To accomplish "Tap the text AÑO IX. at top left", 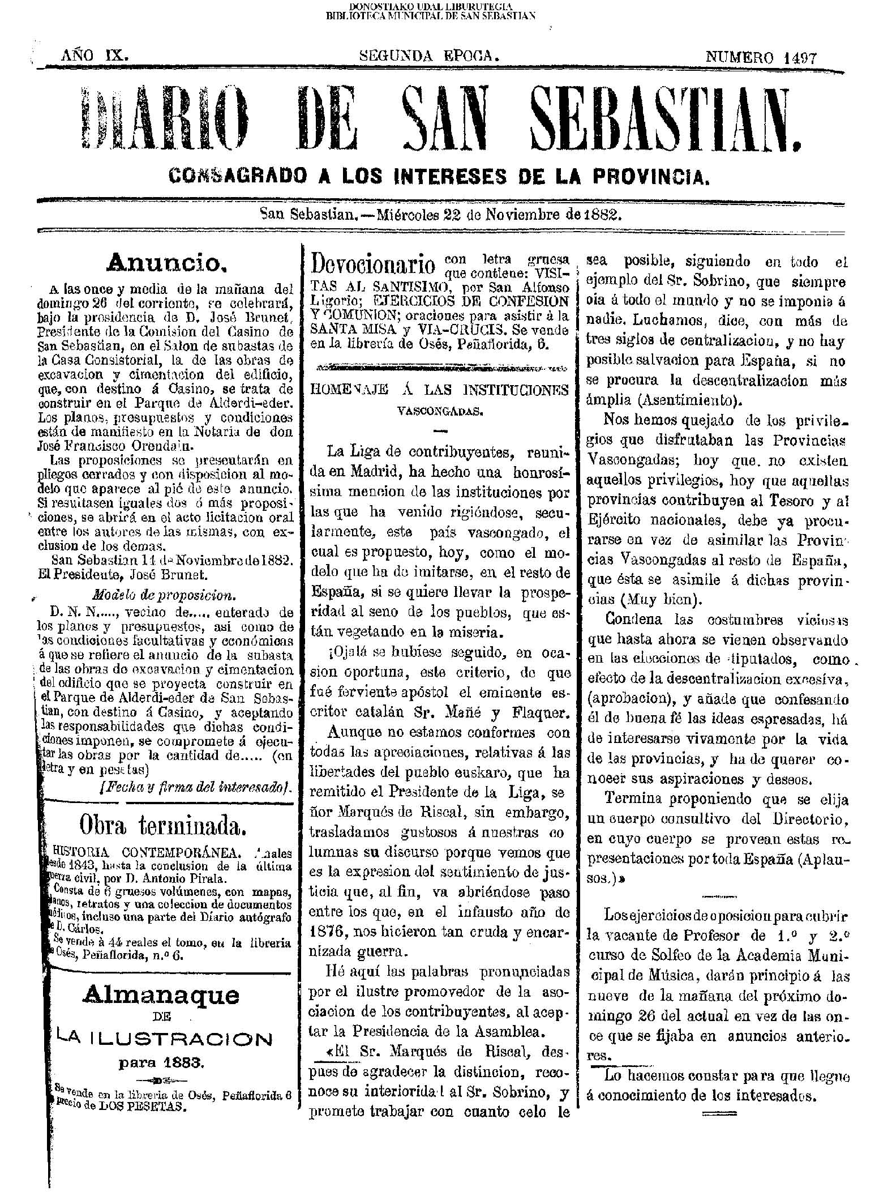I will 95,55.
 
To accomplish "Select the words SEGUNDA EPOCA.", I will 430,55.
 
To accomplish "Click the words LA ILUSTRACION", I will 164,1038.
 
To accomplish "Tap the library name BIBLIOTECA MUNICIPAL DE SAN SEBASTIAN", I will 431,16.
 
